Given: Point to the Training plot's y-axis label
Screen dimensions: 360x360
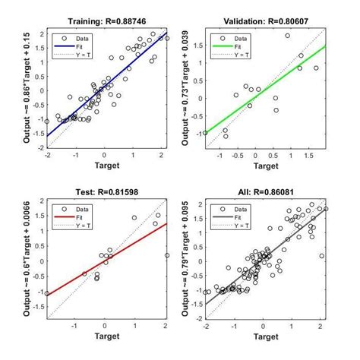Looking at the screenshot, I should point(27,89).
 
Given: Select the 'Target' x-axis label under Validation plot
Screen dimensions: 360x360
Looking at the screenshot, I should point(264,165).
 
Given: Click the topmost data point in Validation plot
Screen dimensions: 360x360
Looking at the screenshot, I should point(288,36).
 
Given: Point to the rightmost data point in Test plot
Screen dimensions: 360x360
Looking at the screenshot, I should point(166,256).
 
